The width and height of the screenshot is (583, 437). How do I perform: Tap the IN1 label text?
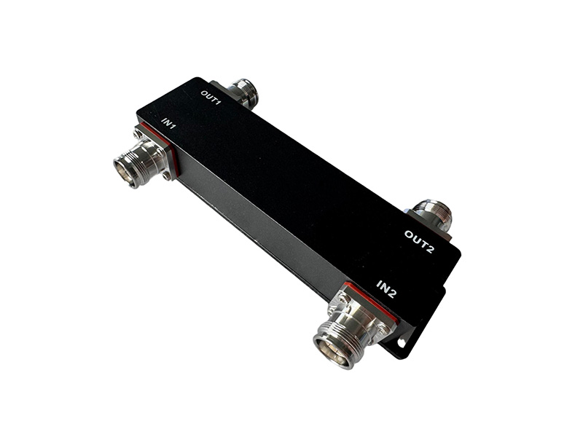pyautogui.click(x=168, y=123)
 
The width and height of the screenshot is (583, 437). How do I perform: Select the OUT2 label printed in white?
pyautogui.click(x=419, y=242)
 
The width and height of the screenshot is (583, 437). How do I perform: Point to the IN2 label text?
pyautogui.click(x=387, y=289)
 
